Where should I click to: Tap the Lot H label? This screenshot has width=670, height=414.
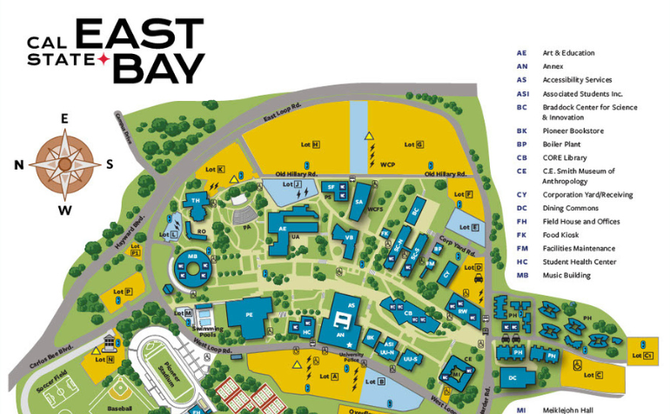pos(311,144)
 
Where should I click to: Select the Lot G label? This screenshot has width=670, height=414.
pos(414,144)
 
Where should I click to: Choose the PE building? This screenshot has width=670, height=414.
pos(248,316)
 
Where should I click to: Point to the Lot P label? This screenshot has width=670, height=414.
pos(128,291)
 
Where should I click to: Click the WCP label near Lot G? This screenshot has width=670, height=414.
pos(387,164)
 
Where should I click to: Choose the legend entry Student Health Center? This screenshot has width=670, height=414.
pos(579,262)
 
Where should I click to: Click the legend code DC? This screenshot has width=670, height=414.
pos(522,208)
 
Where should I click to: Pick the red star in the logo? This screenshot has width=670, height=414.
pos(103,58)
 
